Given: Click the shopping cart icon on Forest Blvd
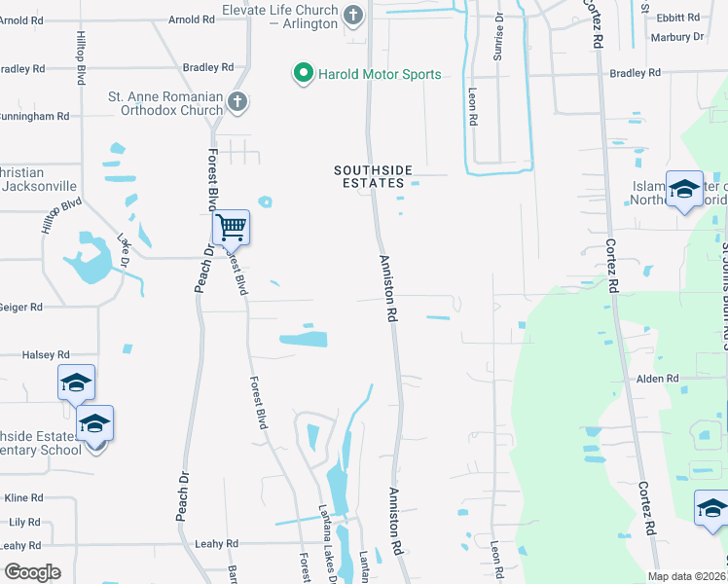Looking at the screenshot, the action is (x=231, y=228).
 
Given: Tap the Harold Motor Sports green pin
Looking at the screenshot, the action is (x=303, y=73).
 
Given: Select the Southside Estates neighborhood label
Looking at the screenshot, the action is (x=368, y=176).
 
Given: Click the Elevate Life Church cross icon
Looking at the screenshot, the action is (x=353, y=15).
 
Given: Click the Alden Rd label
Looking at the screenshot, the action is (x=659, y=379).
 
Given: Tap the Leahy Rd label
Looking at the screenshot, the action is (x=216, y=544).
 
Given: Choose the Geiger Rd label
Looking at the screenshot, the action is (x=21, y=307).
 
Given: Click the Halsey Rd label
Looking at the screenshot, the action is (x=46, y=355).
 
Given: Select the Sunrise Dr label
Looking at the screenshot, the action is (x=497, y=38).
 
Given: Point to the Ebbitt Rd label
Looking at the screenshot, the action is (x=678, y=18).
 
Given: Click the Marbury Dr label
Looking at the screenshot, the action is (x=678, y=37).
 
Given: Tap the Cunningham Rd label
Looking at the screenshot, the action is (x=34, y=116).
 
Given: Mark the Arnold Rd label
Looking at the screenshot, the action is (x=191, y=19).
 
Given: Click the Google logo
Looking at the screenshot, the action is (x=32, y=571).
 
